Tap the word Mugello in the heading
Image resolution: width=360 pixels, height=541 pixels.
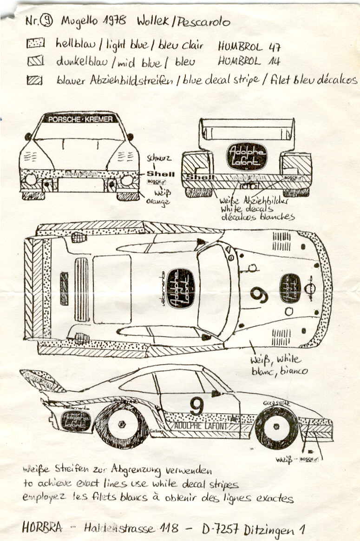(78, 21)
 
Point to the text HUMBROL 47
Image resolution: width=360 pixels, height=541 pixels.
(249, 46)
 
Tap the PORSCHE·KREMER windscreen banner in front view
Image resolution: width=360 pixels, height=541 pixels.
(79, 119)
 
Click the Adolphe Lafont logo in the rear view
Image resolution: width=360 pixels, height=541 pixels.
(247, 156)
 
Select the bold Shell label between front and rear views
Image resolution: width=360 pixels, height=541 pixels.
(160, 174)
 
